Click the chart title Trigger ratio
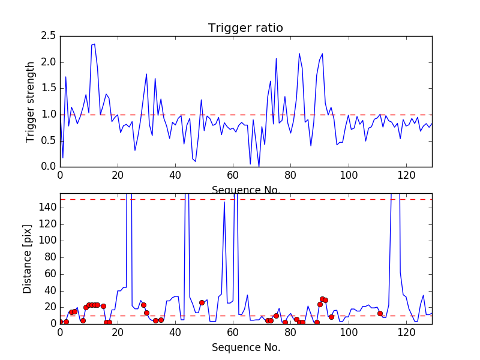(245, 28)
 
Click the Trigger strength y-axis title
(31, 101)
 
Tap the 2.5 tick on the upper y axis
(49, 36)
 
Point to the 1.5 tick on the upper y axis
(49, 88)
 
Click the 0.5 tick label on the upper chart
(49, 140)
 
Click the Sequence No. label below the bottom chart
(245, 347)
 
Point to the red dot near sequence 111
(380, 313)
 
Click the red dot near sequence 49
(202, 302)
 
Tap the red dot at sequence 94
(331, 317)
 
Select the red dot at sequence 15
(103, 306)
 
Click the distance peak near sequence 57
(224, 202)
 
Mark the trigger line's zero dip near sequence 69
(259, 166)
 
